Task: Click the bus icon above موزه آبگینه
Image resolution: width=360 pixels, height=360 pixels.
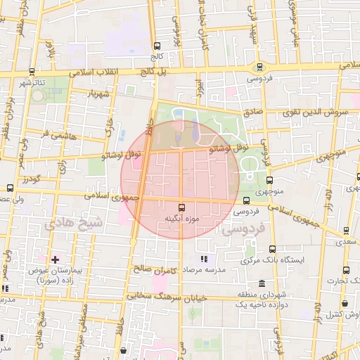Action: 182,207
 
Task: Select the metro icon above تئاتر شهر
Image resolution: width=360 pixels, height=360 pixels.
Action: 32,72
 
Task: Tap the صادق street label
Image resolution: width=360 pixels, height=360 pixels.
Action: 252,111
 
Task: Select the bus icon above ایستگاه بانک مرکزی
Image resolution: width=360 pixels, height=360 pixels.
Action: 272,249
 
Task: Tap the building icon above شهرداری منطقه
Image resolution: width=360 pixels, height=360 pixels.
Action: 262,283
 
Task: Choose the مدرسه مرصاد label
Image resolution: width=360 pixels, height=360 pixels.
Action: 204,270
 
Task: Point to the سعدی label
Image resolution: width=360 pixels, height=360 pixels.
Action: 347,241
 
